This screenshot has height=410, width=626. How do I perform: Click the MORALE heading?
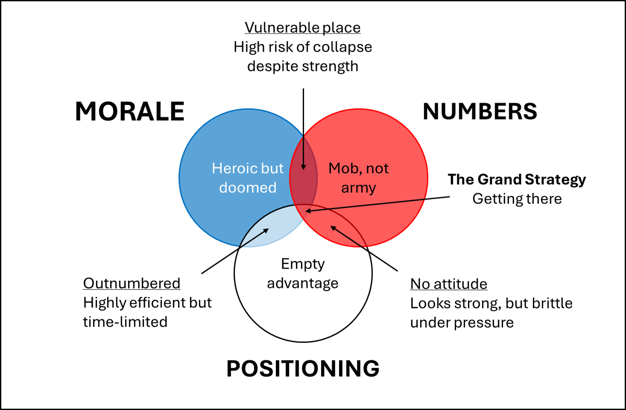(129, 112)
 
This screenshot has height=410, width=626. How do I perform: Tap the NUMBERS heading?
(480, 112)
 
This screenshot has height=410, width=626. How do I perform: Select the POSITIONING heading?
(303, 369)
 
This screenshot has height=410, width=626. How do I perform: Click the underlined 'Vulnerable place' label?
(302, 28)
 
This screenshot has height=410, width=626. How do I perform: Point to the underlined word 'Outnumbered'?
(132, 283)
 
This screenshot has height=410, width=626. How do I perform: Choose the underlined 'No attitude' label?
(448, 284)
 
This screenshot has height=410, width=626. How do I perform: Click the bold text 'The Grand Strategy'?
(517, 180)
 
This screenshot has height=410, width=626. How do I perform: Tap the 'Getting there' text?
(517, 199)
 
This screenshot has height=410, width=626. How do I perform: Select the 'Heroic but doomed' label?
(248, 178)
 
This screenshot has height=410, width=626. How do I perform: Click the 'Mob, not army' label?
(358, 178)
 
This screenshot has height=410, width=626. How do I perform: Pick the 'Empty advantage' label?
(303, 273)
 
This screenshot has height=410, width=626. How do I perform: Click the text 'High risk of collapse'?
(302, 47)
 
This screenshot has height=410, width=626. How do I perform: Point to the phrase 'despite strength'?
(302, 66)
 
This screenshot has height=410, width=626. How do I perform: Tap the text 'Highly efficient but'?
(147, 303)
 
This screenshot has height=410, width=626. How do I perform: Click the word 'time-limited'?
(125, 322)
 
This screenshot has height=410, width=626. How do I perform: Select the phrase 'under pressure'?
(462, 322)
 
